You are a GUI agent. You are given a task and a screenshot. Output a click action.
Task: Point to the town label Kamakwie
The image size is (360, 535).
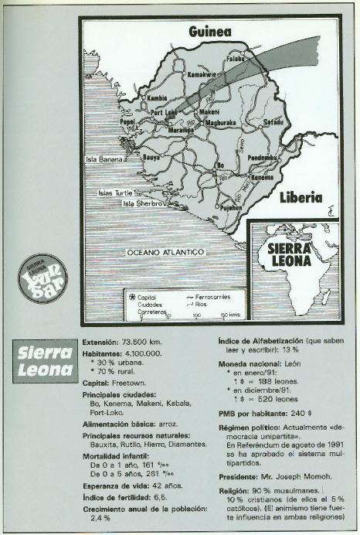tap(203, 75)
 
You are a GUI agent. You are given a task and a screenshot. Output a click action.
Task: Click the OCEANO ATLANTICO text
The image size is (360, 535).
tap(164, 253)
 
